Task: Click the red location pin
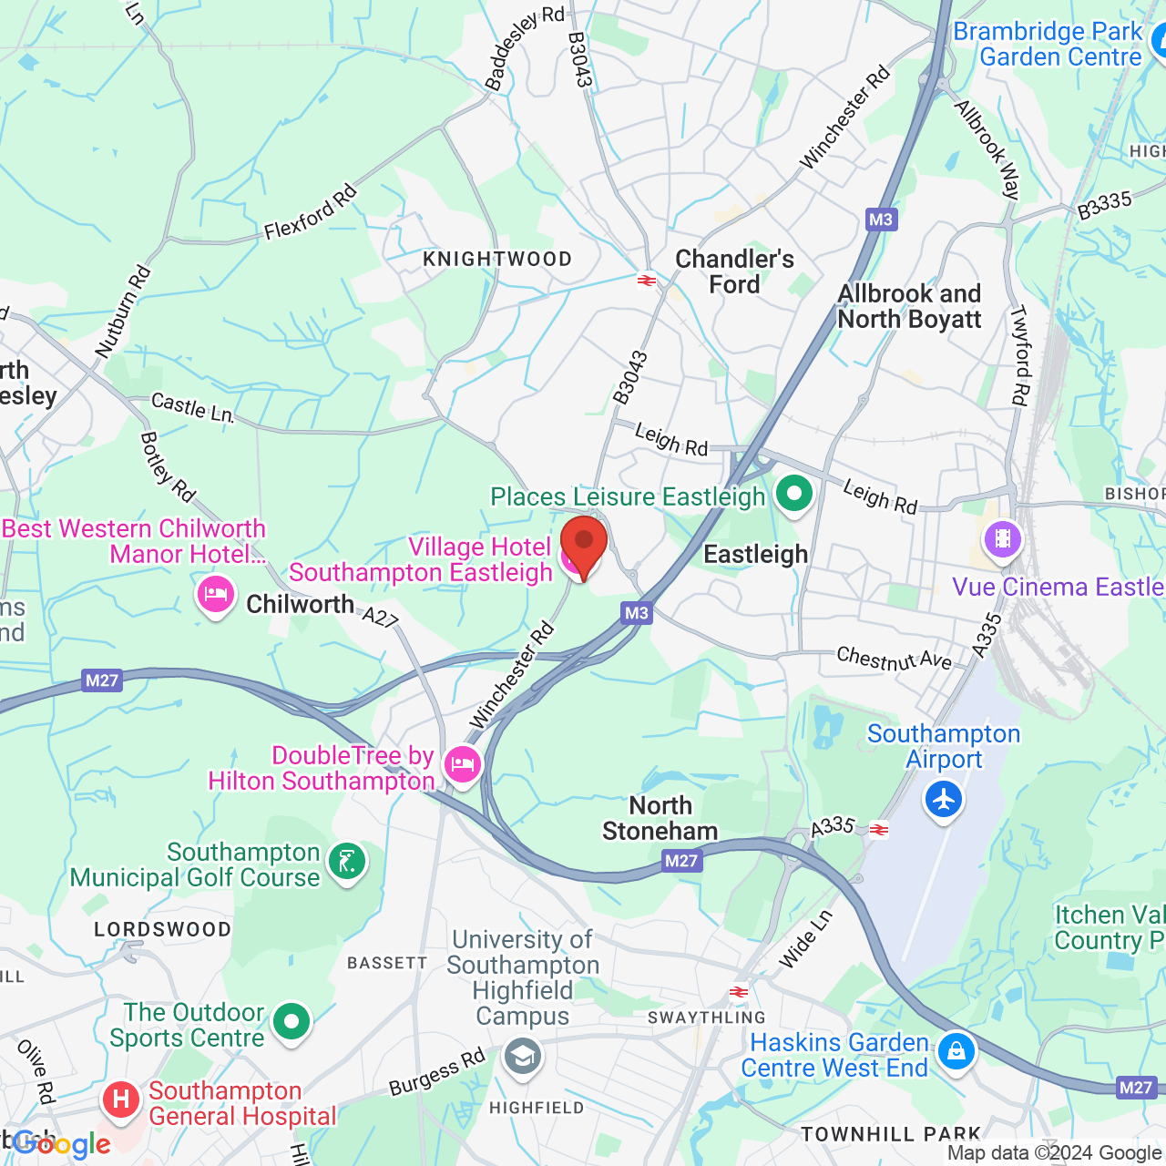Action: pyautogui.click(x=584, y=546)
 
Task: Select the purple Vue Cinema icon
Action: pyautogui.click(x=1003, y=538)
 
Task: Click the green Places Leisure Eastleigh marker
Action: pyautogui.click(x=794, y=495)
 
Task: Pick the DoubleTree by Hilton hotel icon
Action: pyautogui.click(x=463, y=764)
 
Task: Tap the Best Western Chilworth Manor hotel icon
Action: pyautogui.click(x=216, y=596)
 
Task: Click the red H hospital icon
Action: pyautogui.click(x=120, y=1100)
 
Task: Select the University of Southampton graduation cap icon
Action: pyautogui.click(x=523, y=1058)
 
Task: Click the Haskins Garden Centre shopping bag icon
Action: pyautogui.click(x=956, y=1052)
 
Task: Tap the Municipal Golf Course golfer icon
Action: pyautogui.click(x=347, y=861)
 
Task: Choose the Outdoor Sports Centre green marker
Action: pyautogui.click(x=291, y=1022)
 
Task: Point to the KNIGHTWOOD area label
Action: pyautogui.click(x=497, y=260)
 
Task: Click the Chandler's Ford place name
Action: pyautogui.click(x=734, y=271)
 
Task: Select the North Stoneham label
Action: pyautogui.click(x=660, y=818)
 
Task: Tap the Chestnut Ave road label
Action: pyautogui.click(x=894, y=659)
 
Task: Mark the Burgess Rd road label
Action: pyautogui.click(x=437, y=1073)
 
